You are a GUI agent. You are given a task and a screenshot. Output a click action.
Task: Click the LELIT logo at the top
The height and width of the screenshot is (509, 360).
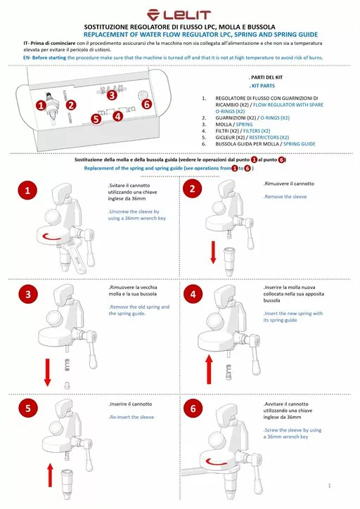pos(179,15)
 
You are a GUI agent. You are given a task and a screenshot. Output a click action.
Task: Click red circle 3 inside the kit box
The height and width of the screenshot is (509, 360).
pos(112,95)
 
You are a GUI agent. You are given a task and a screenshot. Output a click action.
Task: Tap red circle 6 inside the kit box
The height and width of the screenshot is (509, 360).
pos(147,104)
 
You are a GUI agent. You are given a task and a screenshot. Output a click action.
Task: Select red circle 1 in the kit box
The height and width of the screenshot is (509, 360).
pos(41,105)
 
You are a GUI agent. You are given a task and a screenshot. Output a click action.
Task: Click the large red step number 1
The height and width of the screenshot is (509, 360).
pos(27,191)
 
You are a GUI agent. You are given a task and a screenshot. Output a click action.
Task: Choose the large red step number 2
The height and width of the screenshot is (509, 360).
pos(193,188)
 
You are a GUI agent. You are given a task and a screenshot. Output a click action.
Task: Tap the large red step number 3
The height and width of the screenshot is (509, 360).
pos(28,295)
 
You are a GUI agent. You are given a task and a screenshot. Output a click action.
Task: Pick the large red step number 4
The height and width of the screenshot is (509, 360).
pos(193,295)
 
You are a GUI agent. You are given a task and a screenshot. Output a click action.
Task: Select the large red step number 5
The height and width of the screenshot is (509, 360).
pos(28,408)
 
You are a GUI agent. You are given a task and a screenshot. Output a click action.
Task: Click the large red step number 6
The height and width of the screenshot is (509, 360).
pos(193,408)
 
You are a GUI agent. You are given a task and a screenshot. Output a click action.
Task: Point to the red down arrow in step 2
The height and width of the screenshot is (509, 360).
pos(213,252)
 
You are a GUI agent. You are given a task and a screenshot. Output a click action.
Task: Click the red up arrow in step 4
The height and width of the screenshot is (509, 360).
pos(209,369)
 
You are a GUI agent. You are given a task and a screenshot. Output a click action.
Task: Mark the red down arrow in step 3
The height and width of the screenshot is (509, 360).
pos(47,373)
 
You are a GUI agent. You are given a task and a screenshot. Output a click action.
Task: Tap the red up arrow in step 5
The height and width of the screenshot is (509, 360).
pos(50,475)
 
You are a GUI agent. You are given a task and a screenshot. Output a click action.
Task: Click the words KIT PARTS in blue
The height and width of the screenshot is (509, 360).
pos(262,86)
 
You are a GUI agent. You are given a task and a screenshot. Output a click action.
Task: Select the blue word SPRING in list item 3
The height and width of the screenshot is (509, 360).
pos(245,124)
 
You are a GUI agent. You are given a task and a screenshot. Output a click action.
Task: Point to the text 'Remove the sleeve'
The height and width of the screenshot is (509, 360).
pos(285,196)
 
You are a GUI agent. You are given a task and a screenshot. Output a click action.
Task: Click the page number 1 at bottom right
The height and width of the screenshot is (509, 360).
pos(329,485)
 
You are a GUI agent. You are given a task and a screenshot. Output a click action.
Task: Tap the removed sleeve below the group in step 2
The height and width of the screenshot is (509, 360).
pos(229,262)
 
